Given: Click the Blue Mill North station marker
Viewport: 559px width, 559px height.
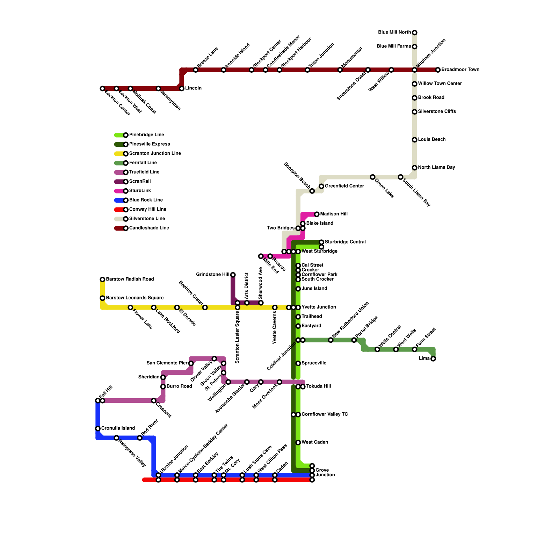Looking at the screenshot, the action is [x=414, y=32].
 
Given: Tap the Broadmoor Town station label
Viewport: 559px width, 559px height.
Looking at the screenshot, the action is [x=460, y=70].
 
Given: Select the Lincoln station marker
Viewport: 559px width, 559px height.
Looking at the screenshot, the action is [x=182, y=88].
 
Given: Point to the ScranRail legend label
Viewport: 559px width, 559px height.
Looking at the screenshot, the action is [x=140, y=181].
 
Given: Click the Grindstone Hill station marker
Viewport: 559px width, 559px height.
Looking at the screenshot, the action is [x=233, y=275].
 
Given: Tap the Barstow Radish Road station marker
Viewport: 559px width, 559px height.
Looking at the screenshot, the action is [x=102, y=279].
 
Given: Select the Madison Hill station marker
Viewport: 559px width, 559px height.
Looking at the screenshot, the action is [x=317, y=214].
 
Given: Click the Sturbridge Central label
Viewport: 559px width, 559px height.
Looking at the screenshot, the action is [x=345, y=242].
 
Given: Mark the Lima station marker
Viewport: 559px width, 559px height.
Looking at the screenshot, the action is [x=433, y=359].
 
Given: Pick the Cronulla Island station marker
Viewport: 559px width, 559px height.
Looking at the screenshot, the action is [x=98, y=429].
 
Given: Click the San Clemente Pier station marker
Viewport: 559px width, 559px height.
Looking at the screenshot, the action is [x=191, y=363].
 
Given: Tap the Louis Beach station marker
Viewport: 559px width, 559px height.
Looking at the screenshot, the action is [x=414, y=140].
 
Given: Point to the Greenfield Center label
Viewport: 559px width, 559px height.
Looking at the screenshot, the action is [x=344, y=186].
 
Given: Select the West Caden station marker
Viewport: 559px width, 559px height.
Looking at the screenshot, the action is [x=298, y=443].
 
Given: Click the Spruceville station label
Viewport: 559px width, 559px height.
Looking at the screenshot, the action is [x=314, y=363].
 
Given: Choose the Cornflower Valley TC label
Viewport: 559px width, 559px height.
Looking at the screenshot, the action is [x=325, y=414].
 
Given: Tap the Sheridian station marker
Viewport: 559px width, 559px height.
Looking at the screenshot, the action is [x=163, y=377].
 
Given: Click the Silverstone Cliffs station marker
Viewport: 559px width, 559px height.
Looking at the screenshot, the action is [x=414, y=112].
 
